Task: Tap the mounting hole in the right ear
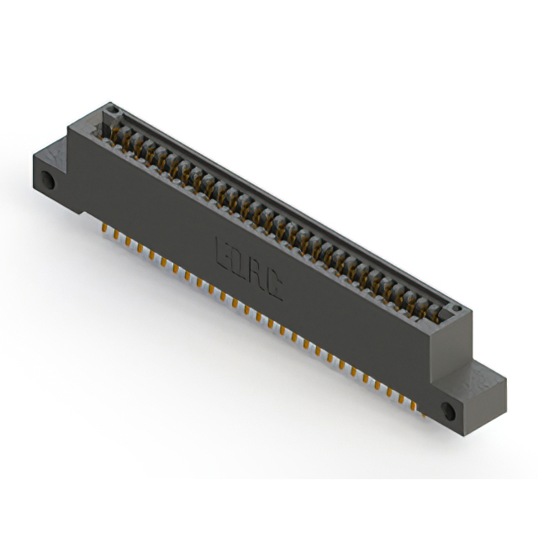446,411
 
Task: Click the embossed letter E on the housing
224,251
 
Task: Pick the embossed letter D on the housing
240,263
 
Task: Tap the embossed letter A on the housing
258,275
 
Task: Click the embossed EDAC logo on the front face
249,269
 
